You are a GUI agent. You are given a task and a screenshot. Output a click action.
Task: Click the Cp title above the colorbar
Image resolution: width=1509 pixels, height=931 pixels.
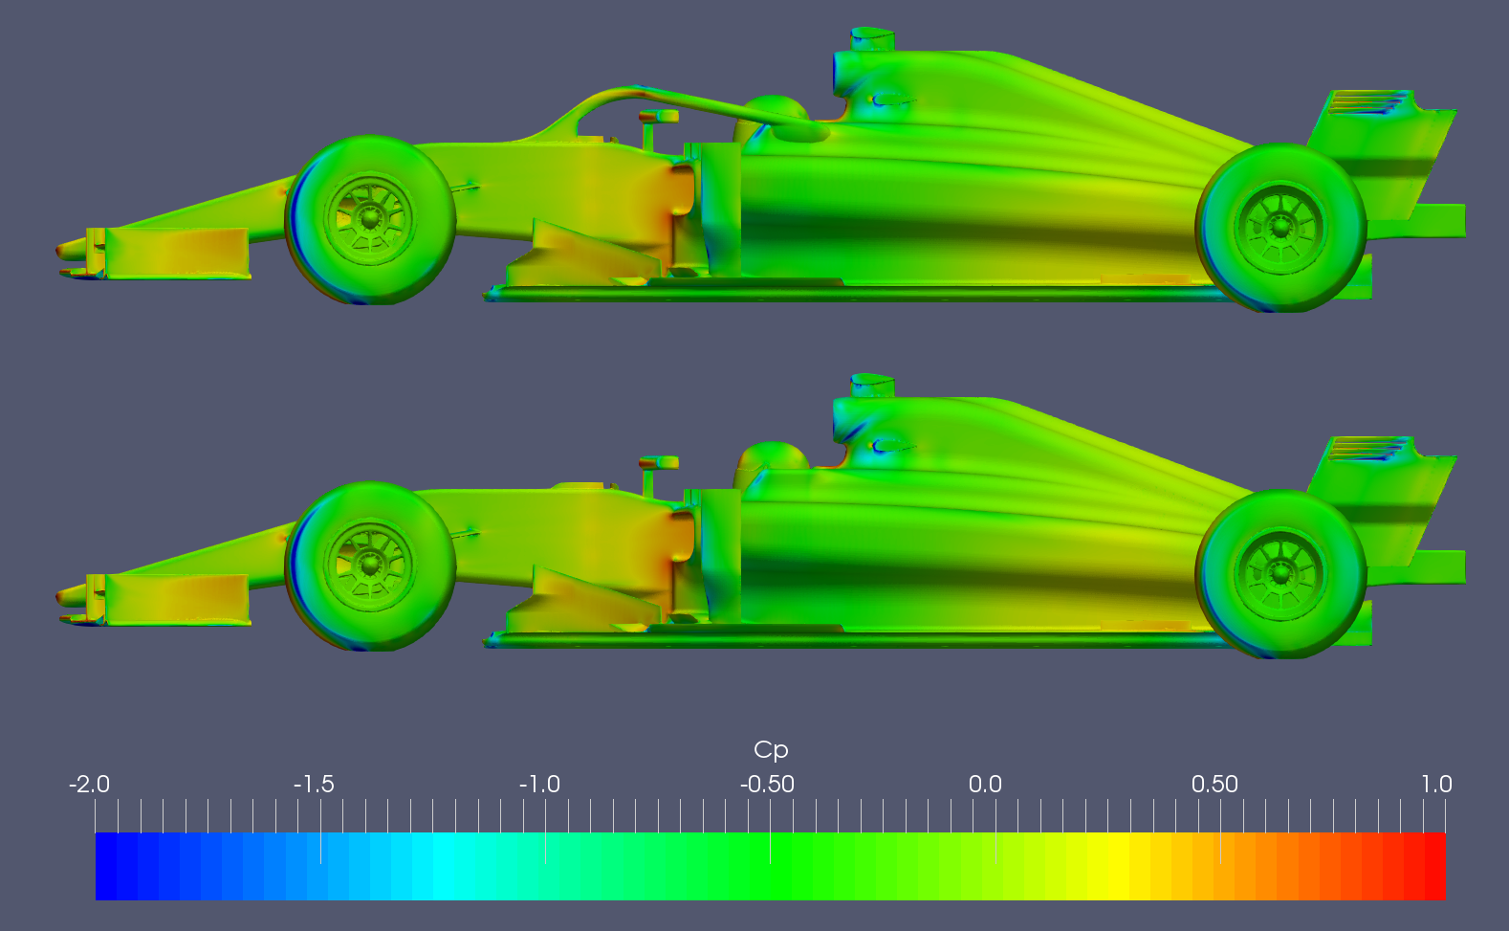click(x=771, y=749)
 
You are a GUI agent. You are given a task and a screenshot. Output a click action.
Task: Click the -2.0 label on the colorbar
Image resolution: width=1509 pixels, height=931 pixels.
click(x=89, y=785)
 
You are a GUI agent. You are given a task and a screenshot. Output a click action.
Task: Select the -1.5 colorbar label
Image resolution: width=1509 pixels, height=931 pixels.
click(x=314, y=785)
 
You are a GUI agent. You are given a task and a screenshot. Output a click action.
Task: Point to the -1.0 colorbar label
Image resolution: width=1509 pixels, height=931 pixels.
click(x=539, y=785)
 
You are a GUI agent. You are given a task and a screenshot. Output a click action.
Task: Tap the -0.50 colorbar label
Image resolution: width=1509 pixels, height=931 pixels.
click(x=767, y=785)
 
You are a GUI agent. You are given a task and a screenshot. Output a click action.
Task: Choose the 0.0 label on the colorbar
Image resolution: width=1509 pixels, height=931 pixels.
click(x=985, y=785)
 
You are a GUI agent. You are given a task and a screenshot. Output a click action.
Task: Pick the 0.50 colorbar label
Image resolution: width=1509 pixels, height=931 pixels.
click(x=1214, y=785)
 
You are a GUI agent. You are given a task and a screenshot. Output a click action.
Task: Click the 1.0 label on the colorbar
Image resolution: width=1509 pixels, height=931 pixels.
click(x=1436, y=785)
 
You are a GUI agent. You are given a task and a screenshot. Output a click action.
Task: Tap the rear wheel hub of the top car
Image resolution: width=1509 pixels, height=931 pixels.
click(x=1280, y=228)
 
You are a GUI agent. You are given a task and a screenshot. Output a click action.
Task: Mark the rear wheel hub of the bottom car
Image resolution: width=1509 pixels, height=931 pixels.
click(x=1280, y=574)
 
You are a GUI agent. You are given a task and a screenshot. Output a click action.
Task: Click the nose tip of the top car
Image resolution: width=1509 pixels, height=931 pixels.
click(x=60, y=251)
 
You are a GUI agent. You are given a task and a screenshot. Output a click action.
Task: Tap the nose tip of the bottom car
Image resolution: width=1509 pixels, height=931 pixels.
click(x=60, y=597)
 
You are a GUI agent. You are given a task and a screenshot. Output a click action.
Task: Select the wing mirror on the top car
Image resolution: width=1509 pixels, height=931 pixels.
click(x=660, y=117)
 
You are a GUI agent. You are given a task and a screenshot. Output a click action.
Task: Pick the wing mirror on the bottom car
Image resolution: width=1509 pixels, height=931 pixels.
click(x=660, y=463)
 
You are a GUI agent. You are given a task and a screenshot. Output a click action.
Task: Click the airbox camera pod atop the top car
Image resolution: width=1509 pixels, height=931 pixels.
click(x=872, y=39)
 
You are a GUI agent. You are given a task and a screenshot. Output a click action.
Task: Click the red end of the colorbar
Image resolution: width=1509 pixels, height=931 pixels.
click(x=1434, y=866)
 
